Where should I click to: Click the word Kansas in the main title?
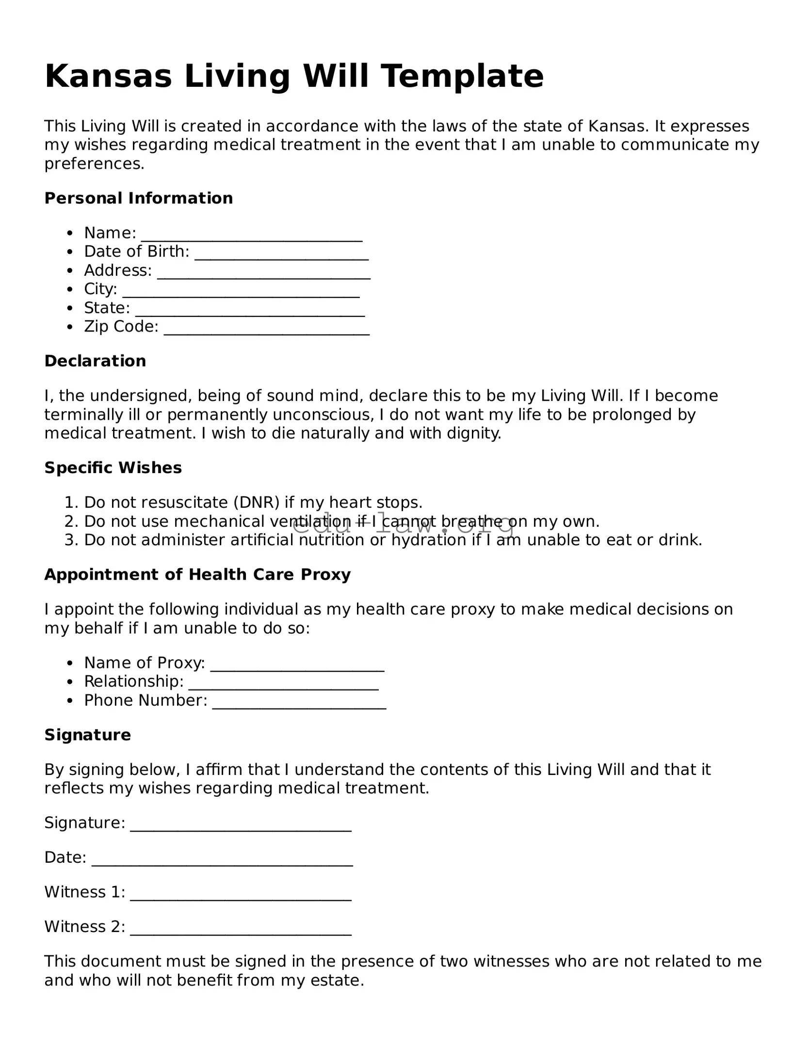[x=108, y=77]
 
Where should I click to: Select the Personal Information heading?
[x=138, y=198]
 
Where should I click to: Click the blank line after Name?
[x=251, y=235]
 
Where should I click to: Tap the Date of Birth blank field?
[x=281, y=253]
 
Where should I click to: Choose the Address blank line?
[x=264, y=272]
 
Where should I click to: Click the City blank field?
[x=241, y=291]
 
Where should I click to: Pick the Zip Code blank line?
[x=267, y=328]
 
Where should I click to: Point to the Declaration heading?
[x=95, y=361]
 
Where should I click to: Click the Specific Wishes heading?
[x=113, y=468]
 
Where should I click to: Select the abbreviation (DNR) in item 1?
[x=257, y=503]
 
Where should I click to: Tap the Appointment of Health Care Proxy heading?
[x=197, y=575]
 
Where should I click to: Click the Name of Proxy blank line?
[x=297, y=664]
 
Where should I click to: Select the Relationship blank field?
[x=283, y=683]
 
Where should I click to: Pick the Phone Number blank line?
[x=299, y=702]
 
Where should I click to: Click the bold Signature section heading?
[x=87, y=735]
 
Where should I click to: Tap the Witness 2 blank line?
[x=241, y=928]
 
